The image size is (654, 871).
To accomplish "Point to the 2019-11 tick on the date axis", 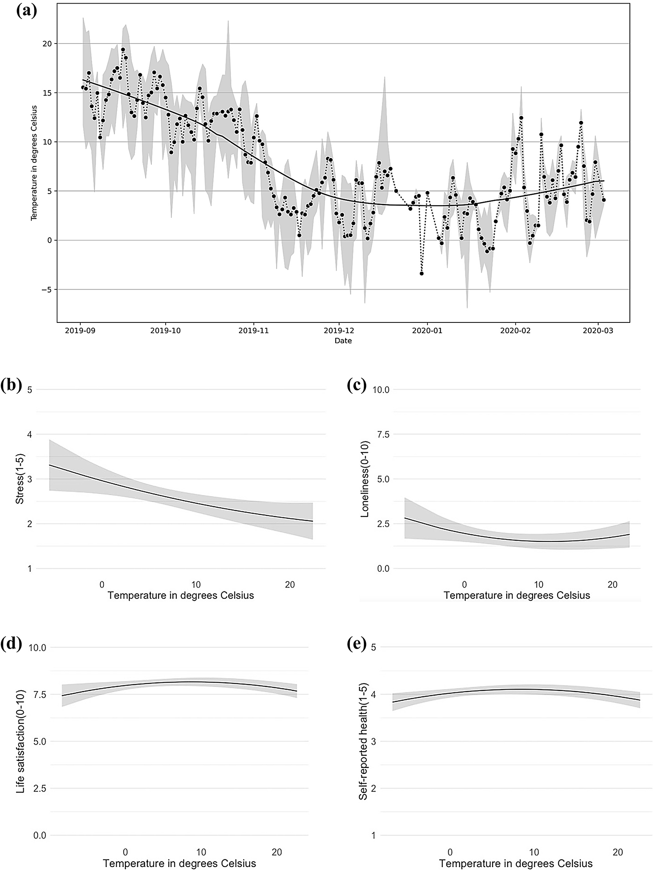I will click(253, 331).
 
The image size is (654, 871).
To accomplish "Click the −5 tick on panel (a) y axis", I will click(47, 290).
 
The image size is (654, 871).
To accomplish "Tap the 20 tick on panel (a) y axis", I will click(47, 43).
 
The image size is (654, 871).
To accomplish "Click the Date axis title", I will click(343, 341).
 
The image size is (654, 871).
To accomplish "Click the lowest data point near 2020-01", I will click(422, 273).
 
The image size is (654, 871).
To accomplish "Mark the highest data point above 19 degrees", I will click(123, 50).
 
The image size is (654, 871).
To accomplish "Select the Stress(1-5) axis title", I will click(19, 479).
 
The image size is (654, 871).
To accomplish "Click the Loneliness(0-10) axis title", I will click(365, 479).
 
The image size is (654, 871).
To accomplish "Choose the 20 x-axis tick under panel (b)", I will click(290, 584).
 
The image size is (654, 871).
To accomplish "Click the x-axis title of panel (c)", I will click(516, 596).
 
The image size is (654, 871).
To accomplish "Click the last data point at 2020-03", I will click(603, 200).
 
